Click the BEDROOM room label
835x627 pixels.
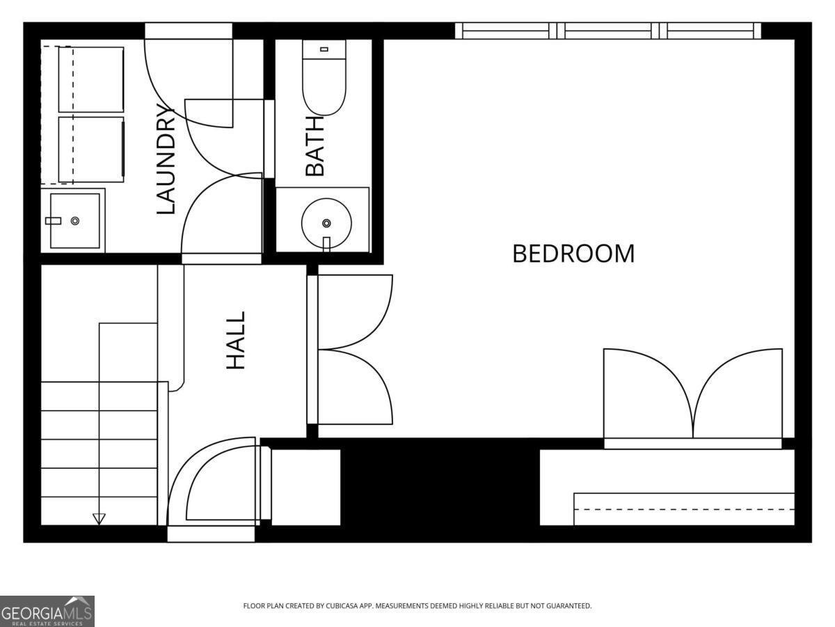tap(573, 254)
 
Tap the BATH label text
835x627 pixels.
tap(315, 147)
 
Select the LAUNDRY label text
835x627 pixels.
tap(166, 160)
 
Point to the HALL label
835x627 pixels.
tap(235, 341)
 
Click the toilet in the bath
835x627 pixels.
tap(324, 77)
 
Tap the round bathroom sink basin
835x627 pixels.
tap(326, 223)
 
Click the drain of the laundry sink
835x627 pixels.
tap(75, 221)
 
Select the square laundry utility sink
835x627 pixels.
tap(75, 221)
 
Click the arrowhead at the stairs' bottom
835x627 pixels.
tap(99, 519)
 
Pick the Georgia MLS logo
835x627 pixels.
tap(47, 611)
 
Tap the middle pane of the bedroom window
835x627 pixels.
tap(608, 31)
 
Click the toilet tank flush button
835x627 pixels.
tap(324, 49)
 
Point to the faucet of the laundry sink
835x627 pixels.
tap(54, 221)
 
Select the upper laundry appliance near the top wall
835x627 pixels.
tap(91, 79)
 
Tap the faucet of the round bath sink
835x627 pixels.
tap(326, 244)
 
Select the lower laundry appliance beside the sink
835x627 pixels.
tap(91, 150)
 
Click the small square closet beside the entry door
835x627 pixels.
tap(306, 487)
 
